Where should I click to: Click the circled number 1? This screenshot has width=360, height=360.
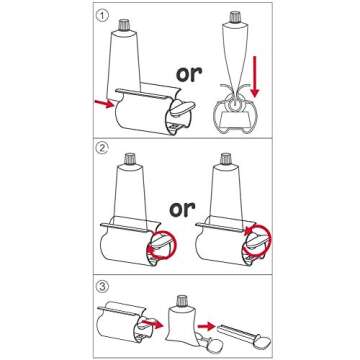coord(103,16)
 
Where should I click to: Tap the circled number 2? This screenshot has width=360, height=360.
coord(101,149)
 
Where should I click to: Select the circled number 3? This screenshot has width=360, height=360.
coord(103,286)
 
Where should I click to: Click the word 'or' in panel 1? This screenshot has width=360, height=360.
coord(189,73)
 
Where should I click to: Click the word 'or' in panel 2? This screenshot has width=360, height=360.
coord(182,209)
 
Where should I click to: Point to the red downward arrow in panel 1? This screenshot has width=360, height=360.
coord(255,77)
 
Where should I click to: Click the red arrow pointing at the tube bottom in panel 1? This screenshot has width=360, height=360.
coord(104,104)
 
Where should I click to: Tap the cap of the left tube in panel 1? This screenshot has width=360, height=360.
coord(124,25)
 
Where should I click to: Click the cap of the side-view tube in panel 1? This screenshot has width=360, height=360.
coord(235,16)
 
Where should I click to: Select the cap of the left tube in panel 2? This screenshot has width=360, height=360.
coord(130,159)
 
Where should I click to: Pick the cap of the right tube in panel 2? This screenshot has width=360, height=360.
coord(226,159)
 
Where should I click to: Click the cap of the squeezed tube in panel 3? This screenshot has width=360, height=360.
coord(182,301)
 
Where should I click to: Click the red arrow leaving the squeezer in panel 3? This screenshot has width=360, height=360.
coord(152,323)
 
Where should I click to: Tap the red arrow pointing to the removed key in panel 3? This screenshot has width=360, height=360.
coord(207,326)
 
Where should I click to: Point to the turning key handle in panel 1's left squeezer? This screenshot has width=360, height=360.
coord(183,109)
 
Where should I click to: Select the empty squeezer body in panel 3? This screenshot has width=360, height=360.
coord(123,322)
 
